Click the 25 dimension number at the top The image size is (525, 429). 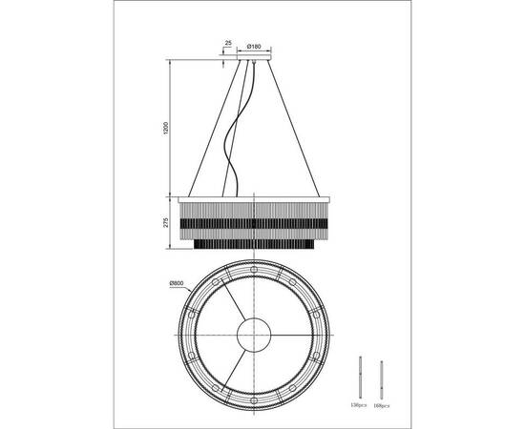pos(229,44)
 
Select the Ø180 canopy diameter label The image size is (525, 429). pos(254,45)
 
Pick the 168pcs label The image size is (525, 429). pos(384,405)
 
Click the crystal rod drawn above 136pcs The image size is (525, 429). pos(361,378)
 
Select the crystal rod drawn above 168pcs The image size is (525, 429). pos(384,378)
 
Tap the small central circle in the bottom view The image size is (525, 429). pos(253,337)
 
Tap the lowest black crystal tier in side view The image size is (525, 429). pos(253,244)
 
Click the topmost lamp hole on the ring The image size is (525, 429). pos(253,266)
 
